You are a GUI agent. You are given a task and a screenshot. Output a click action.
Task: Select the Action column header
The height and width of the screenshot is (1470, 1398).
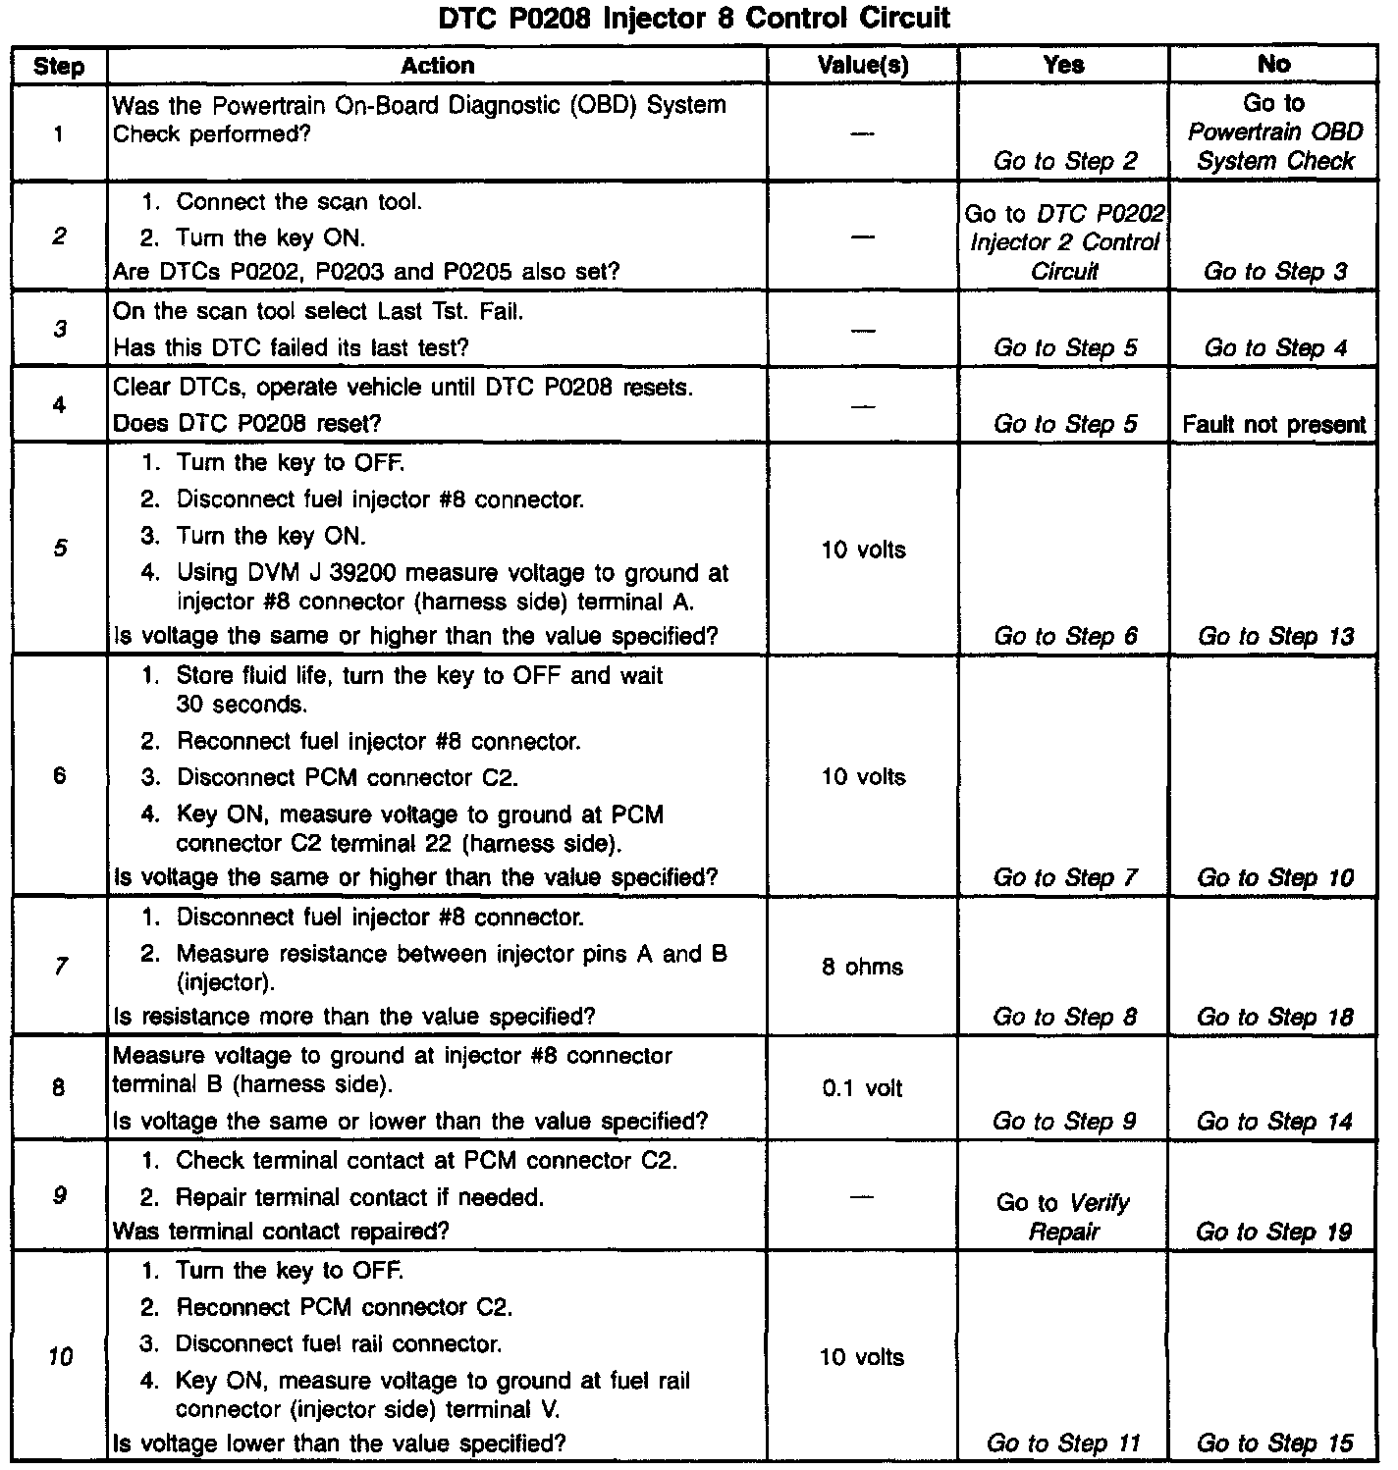click(437, 66)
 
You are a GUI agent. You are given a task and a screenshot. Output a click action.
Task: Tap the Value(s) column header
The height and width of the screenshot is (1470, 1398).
click(863, 66)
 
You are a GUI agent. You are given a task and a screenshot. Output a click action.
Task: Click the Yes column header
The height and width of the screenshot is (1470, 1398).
click(1063, 66)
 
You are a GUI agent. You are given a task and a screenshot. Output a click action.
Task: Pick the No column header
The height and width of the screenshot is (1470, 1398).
click(1273, 65)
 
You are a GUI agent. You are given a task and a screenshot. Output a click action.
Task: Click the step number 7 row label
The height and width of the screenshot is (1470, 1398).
click(60, 967)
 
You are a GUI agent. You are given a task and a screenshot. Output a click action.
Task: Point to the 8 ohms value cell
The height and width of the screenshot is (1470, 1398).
click(863, 968)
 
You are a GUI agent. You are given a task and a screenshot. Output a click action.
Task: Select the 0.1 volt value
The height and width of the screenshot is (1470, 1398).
click(863, 1088)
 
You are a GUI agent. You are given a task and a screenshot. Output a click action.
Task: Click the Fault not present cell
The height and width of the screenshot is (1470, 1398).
click(1273, 425)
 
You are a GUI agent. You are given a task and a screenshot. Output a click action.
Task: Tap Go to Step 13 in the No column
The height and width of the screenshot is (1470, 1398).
click(1275, 637)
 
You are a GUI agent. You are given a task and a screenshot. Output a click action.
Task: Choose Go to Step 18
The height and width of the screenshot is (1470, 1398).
click(1274, 1018)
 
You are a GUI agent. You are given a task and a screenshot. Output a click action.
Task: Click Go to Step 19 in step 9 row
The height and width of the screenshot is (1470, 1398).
click(1273, 1232)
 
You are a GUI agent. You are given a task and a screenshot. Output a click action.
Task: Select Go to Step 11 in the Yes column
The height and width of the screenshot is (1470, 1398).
click(1063, 1444)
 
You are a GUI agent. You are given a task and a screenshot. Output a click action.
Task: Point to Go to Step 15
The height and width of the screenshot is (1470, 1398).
click(1274, 1444)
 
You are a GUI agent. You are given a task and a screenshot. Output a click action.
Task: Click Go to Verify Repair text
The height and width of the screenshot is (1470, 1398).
click(1063, 1217)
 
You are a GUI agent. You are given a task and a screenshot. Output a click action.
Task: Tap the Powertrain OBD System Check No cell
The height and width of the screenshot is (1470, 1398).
click(1274, 132)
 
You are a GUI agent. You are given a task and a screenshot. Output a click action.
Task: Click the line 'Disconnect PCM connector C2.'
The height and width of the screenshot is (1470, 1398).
click(347, 778)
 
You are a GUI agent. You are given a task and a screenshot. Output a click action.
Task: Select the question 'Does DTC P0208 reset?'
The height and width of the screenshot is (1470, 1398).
click(247, 424)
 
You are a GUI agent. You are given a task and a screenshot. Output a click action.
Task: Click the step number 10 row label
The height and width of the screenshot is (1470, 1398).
click(60, 1357)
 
